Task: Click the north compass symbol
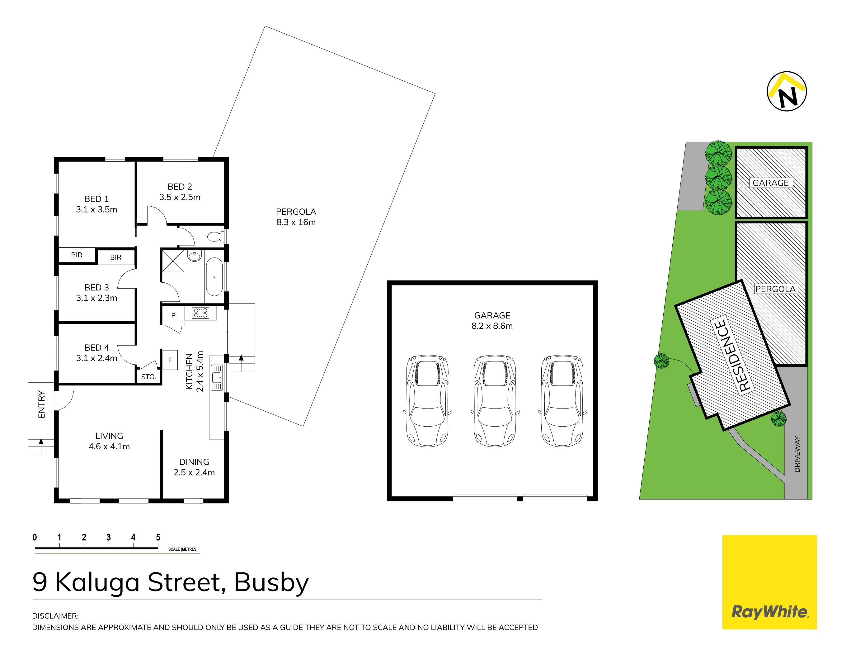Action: tap(786, 91)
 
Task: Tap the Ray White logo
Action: tap(769, 582)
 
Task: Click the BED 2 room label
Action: tap(180, 192)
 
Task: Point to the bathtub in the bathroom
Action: tap(214, 277)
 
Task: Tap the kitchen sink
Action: tap(217, 377)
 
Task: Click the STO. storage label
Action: tap(148, 377)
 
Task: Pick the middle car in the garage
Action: tap(494, 401)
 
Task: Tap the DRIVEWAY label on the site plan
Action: tap(797, 454)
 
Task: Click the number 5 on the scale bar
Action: tap(158, 537)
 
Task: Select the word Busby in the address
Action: tap(271, 582)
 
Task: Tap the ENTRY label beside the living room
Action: tap(42, 404)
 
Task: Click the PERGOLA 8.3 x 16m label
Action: tap(296, 217)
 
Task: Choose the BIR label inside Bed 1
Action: tap(77, 255)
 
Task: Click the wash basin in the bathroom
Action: tap(194, 256)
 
